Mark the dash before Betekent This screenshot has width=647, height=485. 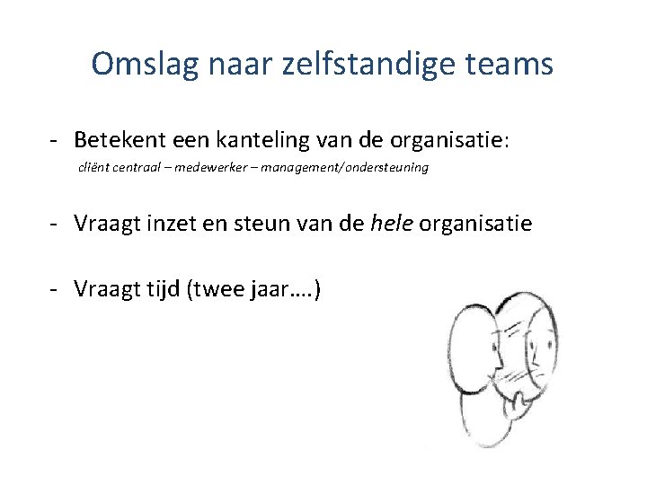click(x=56, y=140)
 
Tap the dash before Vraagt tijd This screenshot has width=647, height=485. click(x=56, y=288)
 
